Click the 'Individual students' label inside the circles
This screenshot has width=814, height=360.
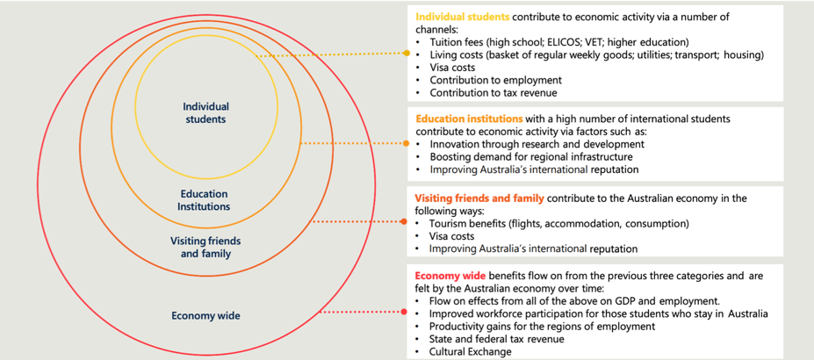pyautogui.click(x=206, y=112)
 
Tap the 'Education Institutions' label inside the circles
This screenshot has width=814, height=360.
pyautogui.click(x=204, y=199)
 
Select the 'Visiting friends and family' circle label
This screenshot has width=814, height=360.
pyautogui.click(x=205, y=248)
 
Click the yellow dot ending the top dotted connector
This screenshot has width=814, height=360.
pyautogui.click(x=407, y=53)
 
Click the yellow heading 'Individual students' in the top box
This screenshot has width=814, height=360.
pyautogui.click(x=463, y=16)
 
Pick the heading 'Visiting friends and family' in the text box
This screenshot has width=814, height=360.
pyautogui.click(x=479, y=198)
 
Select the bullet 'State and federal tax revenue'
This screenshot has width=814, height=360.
pyautogui.click(x=497, y=339)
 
